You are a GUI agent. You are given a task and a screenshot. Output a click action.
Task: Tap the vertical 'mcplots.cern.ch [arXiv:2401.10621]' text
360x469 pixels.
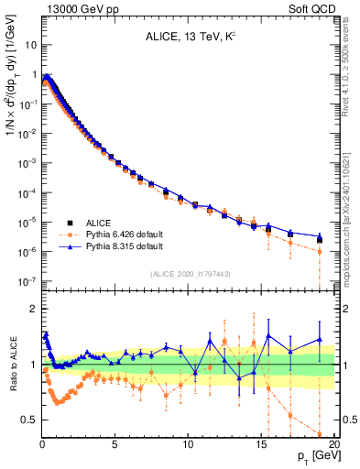pos(344,211)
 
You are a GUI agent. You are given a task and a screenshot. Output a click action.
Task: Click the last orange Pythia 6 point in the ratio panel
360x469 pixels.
pos(320,434)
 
